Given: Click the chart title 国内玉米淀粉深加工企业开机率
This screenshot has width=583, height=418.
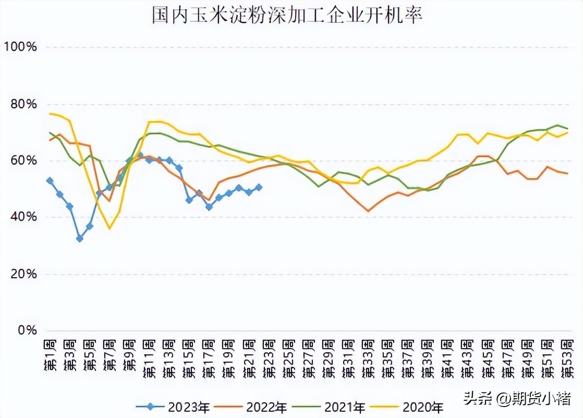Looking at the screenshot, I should [x=286, y=15].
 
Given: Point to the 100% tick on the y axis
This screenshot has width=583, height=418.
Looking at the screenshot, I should [x=20, y=47].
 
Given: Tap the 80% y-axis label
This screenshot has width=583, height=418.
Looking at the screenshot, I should [x=22, y=104].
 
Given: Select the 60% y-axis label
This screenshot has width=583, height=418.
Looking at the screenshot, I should [x=22, y=161].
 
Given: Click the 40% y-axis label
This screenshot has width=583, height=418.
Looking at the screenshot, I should [x=22, y=217].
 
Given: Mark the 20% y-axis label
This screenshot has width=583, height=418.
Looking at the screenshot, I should [x=22, y=274].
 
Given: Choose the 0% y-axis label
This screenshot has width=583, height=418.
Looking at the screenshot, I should [x=25, y=330].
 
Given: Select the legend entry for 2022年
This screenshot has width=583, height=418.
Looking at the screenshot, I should [x=258, y=407].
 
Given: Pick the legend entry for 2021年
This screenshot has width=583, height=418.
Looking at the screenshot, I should [x=336, y=407].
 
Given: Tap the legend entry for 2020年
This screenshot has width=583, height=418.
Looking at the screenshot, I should [x=414, y=407].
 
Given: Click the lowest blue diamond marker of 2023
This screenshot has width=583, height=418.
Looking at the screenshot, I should [x=80, y=239].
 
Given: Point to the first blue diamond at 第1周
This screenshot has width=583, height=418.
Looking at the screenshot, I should [x=50, y=181].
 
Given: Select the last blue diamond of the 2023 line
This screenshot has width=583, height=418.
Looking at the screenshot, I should [x=259, y=187].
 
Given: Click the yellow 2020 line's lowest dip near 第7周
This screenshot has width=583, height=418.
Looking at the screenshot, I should [x=110, y=228].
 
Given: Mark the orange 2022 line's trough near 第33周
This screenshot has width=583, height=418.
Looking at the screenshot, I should [x=368, y=211].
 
